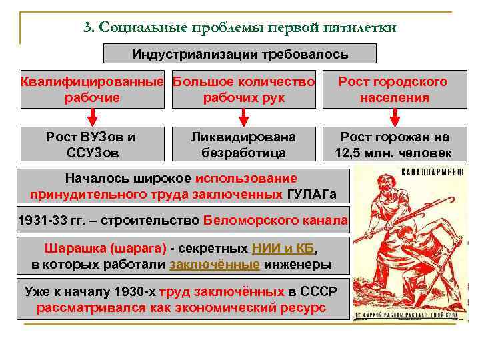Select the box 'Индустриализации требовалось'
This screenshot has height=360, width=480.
[240, 53]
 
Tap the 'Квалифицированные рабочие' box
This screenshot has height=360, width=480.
[92, 90]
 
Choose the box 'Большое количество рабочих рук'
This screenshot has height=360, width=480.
[243, 90]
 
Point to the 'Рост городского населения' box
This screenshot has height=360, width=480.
[393, 90]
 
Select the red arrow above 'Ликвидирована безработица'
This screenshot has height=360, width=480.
[243, 117]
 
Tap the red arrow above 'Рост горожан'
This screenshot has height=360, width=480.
[394, 117]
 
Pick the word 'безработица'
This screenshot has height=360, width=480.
[243, 153]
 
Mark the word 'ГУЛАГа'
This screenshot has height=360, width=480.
[311, 195]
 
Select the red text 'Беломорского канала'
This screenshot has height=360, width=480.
[275, 221]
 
